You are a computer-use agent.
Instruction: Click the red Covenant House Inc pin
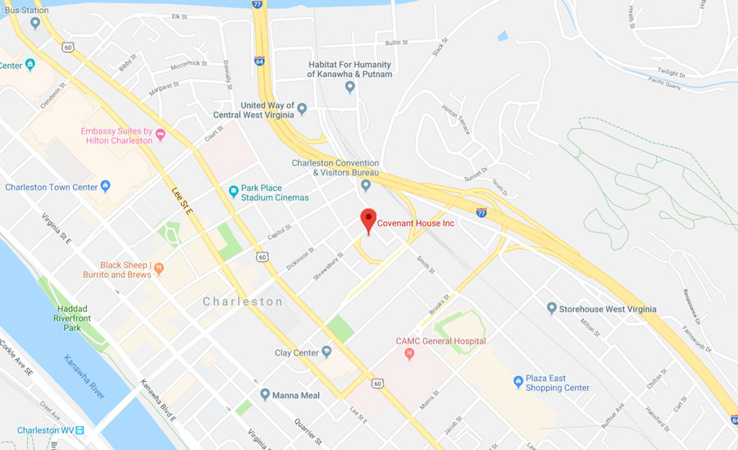coord(368,220)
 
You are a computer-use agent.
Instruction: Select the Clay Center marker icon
coord(326,352)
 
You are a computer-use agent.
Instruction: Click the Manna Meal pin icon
coord(265,394)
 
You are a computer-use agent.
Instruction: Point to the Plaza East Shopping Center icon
coord(518,382)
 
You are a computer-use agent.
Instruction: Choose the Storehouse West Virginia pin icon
coord(552,308)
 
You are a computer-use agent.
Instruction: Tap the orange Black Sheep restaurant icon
coord(159,267)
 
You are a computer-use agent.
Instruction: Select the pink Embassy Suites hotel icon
coord(161,134)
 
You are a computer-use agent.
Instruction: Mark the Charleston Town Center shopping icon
coord(105,187)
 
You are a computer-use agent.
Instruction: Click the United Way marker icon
coord(301,108)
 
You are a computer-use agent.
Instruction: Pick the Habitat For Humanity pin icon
coord(350,86)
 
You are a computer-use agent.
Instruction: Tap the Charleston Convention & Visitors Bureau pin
coord(366,185)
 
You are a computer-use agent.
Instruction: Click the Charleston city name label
coord(243,302)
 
